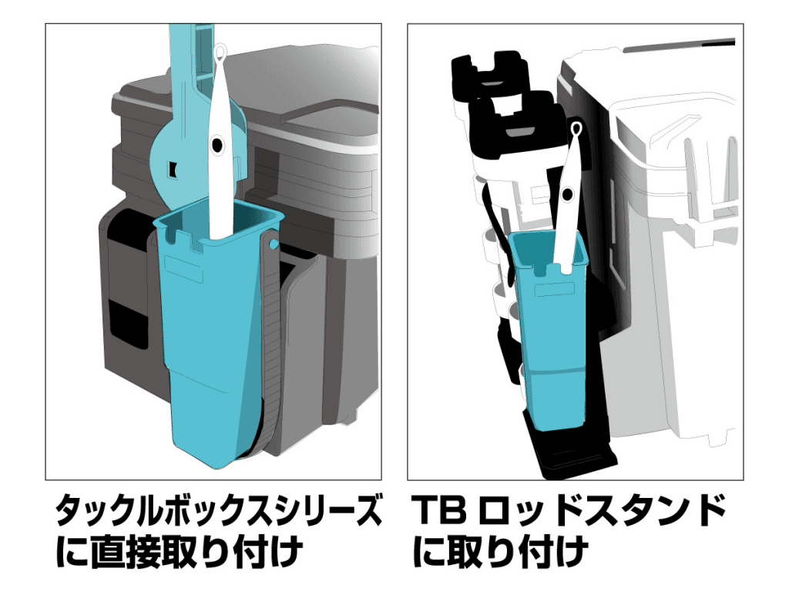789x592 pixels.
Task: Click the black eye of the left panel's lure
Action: pyautogui.click(x=217, y=144)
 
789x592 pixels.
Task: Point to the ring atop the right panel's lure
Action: pyautogui.click(x=576, y=128)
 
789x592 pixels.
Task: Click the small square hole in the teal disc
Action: pyautogui.click(x=171, y=167)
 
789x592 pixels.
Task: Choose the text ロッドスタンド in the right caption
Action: pyautogui.click(x=604, y=512)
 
